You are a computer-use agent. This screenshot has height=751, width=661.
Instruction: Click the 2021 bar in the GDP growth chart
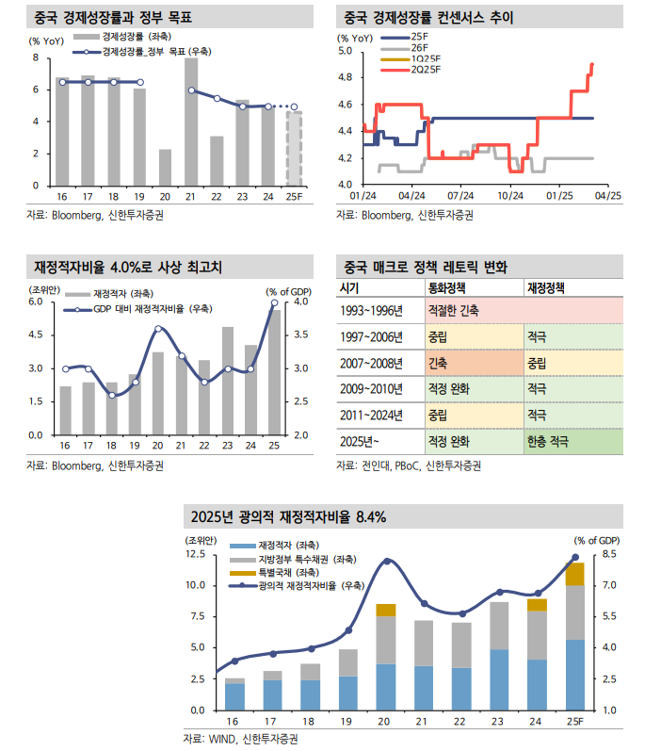191,122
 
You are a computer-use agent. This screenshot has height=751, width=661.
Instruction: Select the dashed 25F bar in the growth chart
294,148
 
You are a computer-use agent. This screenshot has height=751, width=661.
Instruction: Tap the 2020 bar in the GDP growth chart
166,167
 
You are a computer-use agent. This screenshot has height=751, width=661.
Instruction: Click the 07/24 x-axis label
459,197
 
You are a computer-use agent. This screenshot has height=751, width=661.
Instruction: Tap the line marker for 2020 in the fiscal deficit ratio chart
158,329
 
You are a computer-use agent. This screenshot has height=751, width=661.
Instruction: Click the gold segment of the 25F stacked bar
574,574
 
